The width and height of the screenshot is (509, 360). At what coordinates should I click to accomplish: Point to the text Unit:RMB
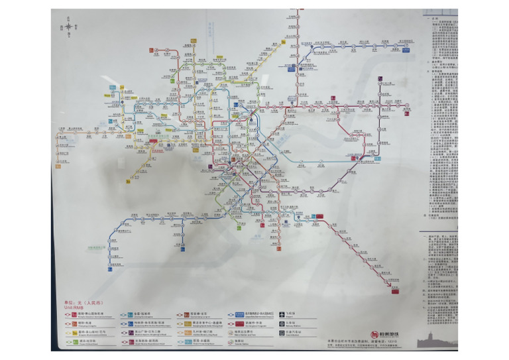click(74, 308)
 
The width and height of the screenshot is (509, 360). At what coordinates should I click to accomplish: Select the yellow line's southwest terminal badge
click(127, 181)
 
